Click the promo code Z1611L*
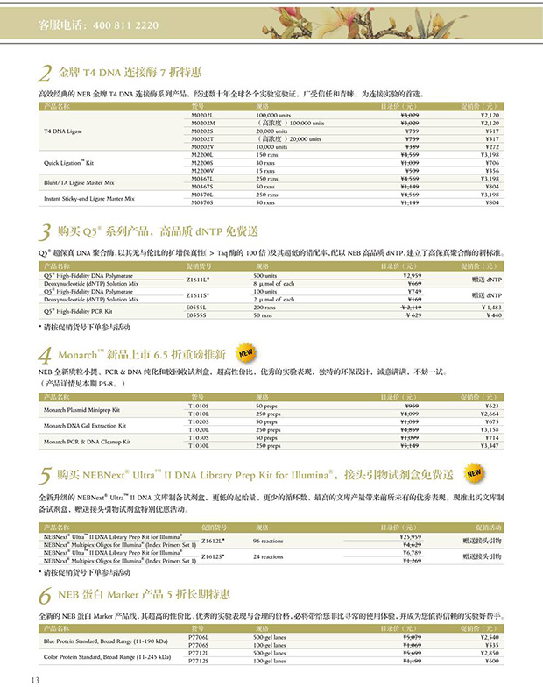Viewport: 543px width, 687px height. pos(203,280)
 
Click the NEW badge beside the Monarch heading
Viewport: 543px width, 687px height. pos(247,354)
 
